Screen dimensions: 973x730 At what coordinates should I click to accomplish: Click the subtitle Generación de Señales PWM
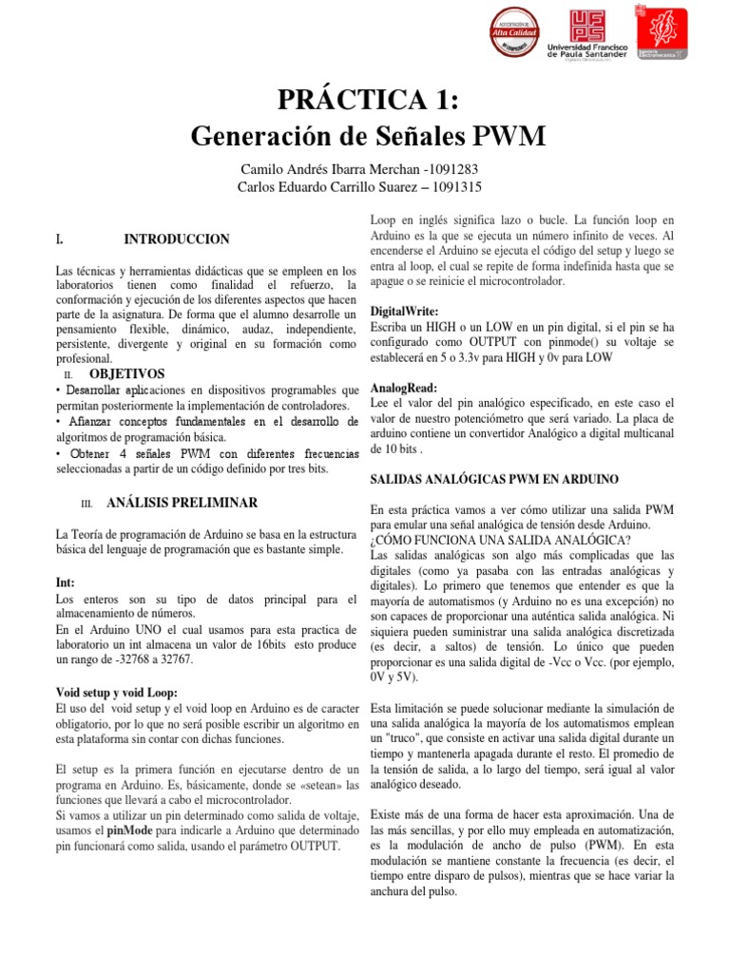[x=370, y=137]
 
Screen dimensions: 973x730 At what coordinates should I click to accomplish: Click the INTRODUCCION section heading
[x=177, y=240]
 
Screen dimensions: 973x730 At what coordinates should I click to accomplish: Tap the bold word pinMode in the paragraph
[x=129, y=830]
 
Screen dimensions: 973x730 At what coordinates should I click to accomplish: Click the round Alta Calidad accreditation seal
[x=514, y=33]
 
